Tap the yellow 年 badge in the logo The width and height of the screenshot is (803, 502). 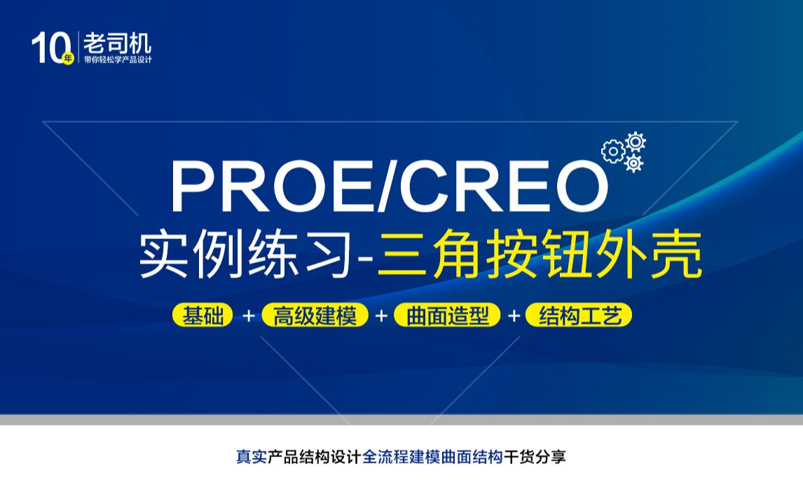[68, 59]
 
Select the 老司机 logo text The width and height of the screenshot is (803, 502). [117, 43]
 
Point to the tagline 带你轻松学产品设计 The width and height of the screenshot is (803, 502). [117, 60]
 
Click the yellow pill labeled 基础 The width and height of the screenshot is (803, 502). [203, 316]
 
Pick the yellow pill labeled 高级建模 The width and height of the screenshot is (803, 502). [315, 316]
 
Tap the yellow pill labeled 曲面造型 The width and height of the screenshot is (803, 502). [447, 316]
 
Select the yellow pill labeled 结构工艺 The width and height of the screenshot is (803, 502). [579, 316]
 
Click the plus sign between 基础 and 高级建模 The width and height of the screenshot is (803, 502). [248, 316]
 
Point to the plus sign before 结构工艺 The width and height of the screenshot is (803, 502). [514, 316]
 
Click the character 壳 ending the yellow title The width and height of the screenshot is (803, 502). [678, 257]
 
